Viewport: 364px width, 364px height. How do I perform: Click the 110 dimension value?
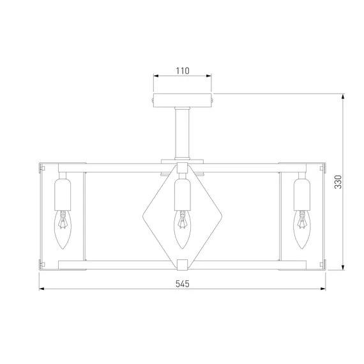tap(183, 71)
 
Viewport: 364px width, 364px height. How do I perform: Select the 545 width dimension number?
tap(183, 284)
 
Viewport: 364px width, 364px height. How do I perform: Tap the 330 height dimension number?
tap(338, 182)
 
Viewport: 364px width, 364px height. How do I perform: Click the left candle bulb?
tap(63, 230)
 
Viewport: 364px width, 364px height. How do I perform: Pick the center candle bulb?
tap(183, 230)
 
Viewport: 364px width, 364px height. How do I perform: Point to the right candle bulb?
tap(302, 230)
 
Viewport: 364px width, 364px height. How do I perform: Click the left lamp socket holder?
tap(63, 195)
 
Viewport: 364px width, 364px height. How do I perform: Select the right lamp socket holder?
tap(302, 195)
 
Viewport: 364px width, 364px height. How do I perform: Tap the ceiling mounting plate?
tap(183, 100)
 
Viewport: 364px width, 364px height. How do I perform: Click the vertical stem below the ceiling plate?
tap(183, 133)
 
